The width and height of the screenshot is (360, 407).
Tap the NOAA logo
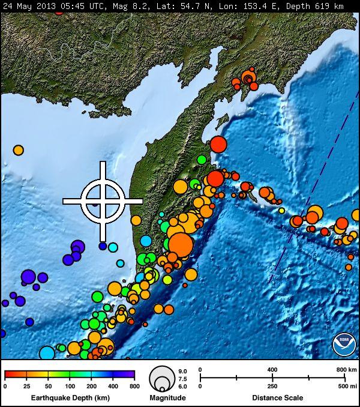point(344,345)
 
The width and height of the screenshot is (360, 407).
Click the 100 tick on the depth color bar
point(70,385)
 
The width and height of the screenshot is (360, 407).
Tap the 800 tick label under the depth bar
point(134,385)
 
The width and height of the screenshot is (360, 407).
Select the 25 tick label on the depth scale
point(26,385)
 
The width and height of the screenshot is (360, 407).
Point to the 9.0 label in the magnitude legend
point(183,372)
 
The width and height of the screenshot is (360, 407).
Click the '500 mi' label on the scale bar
point(344,386)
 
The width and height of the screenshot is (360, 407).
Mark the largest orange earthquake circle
point(180,245)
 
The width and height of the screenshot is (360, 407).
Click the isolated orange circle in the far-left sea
point(19,150)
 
